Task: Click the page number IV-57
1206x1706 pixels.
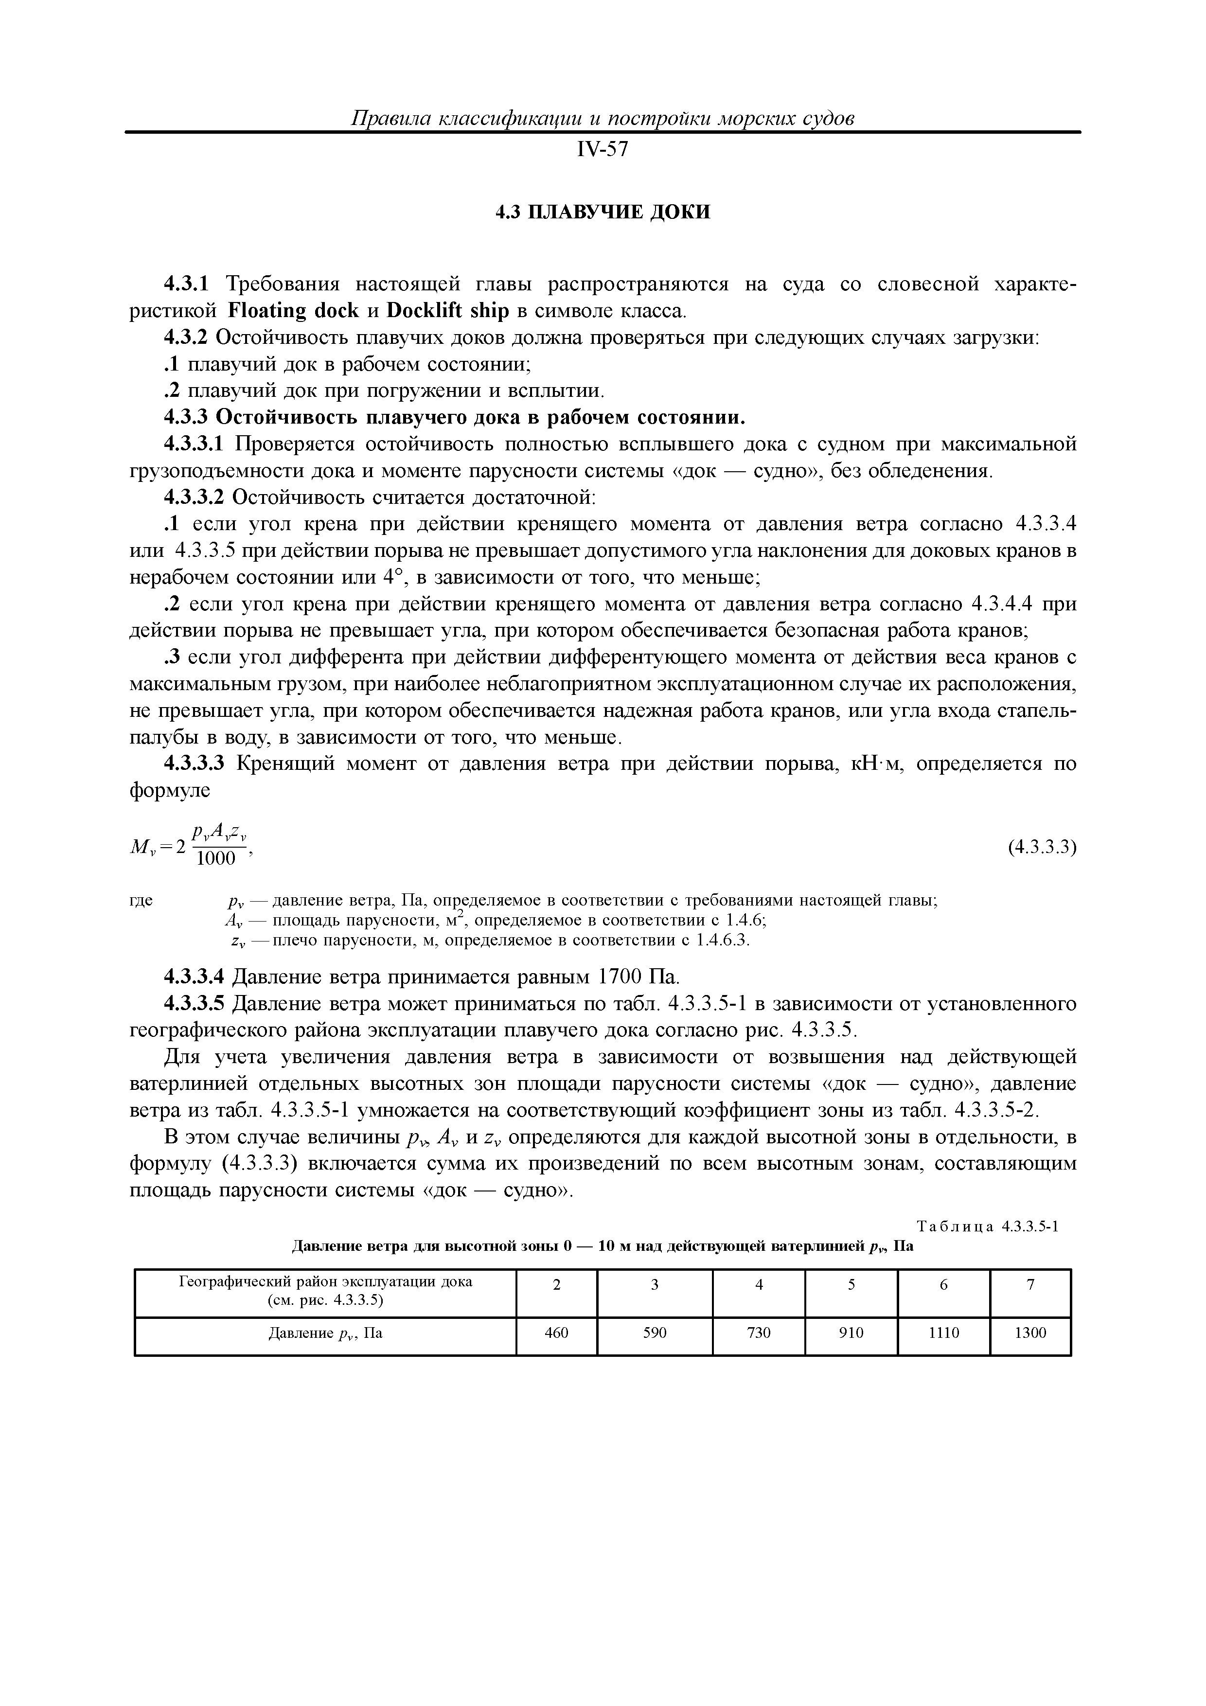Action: (x=602, y=151)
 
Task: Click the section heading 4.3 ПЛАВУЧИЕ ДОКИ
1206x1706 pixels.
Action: (x=603, y=213)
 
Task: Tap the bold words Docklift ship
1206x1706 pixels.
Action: (x=448, y=311)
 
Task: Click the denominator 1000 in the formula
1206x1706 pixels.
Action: (x=215, y=859)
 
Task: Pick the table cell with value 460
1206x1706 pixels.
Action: (x=556, y=1333)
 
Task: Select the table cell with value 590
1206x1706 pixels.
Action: (x=655, y=1333)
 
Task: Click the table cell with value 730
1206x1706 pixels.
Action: (x=759, y=1333)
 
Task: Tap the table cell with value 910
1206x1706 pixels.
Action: (x=851, y=1333)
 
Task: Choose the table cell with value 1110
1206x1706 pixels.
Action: (x=944, y=1333)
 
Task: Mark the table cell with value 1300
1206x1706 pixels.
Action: (x=1030, y=1333)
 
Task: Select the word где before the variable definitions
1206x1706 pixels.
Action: (x=141, y=901)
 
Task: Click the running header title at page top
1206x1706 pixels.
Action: (x=602, y=119)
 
